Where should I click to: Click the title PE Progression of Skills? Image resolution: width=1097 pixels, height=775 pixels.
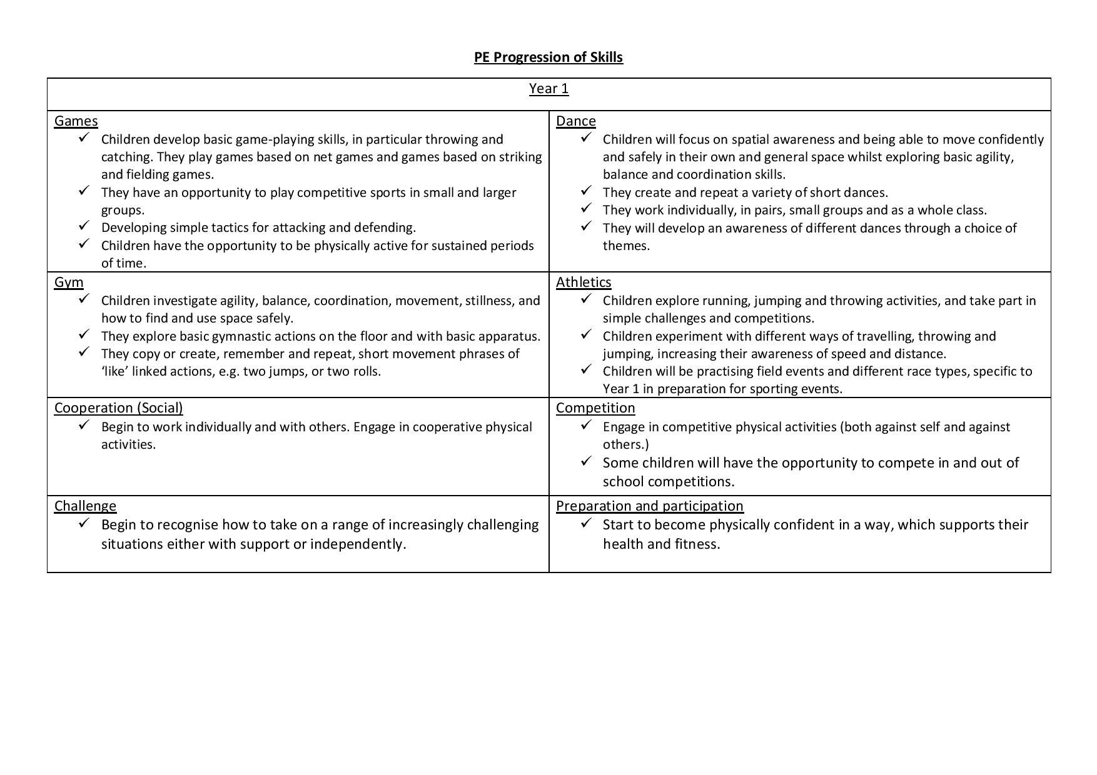pyautogui.click(x=548, y=57)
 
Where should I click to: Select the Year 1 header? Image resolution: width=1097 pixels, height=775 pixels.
pyautogui.click(x=548, y=89)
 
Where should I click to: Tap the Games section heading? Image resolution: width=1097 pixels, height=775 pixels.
pyautogui.click(x=76, y=121)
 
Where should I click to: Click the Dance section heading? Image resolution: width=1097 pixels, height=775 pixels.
pyautogui.click(x=575, y=121)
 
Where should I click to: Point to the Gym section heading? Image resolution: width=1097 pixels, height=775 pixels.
pyautogui.click(x=69, y=282)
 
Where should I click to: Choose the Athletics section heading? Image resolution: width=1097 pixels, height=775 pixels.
pyautogui.click(x=583, y=282)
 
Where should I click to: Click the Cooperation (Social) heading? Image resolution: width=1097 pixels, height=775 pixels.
pyautogui.click(x=118, y=408)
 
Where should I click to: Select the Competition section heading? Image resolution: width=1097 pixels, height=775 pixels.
pyautogui.click(x=595, y=408)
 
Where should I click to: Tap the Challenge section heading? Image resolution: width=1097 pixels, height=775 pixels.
pyautogui.click(x=85, y=506)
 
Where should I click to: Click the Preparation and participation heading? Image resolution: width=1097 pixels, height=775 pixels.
pyautogui.click(x=649, y=506)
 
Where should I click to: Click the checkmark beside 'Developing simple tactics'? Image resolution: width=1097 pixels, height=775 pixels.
pyautogui.click(x=84, y=226)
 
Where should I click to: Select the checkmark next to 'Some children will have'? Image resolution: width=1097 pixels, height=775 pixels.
pyautogui.click(x=586, y=461)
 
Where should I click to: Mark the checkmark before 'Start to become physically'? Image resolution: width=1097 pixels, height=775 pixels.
pyautogui.click(x=586, y=523)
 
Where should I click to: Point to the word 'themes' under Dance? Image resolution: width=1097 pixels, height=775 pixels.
pyautogui.click(x=625, y=246)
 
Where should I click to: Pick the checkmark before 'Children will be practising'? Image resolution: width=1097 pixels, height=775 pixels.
pyautogui.click(x=586, y=369)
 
